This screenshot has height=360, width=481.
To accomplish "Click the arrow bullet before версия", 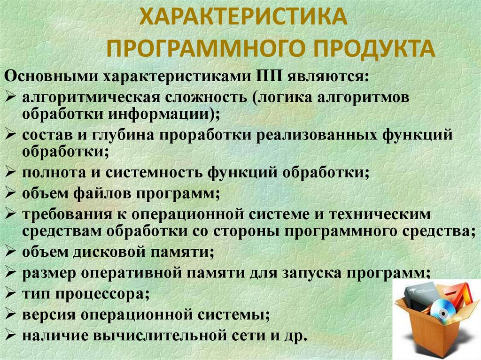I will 11,313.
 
